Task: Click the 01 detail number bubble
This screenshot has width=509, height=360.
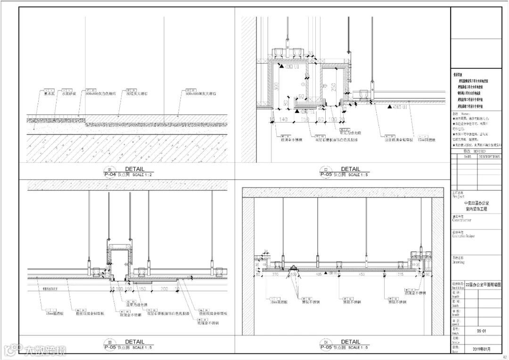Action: tap(110, 169)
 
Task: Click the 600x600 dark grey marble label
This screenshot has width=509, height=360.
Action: tap(201, 94)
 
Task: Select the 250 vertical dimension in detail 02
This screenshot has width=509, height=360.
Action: tap(333, 87)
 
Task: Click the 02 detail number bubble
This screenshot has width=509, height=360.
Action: tap(326, 169)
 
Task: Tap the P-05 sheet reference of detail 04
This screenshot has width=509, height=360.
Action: tap(326, 347)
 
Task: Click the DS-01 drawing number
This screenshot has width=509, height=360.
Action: tap(481, 331)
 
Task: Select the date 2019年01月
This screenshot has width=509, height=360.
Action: tap(481, 349)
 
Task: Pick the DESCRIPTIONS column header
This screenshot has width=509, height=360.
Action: tap(489, 157)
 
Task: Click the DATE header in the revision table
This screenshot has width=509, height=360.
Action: tap(468, 157)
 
